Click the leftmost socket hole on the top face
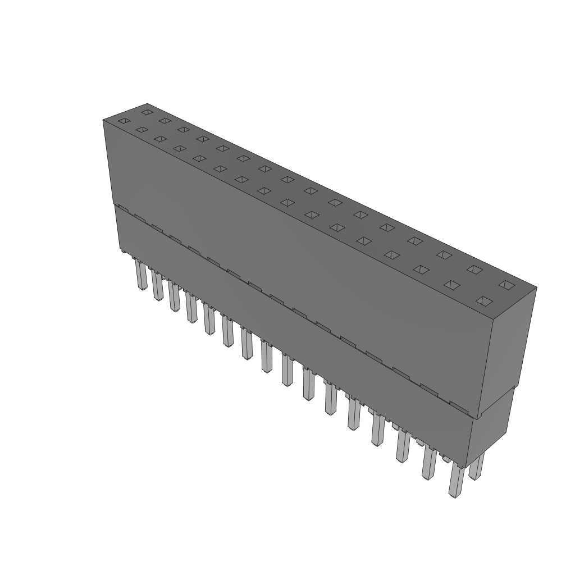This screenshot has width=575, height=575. pyautogui.click(x=124, y=121)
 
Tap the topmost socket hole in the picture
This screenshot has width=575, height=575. pyautogui.click(x=147, y=112)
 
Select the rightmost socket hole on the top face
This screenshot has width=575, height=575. pyautogui.click(x=506, y=285)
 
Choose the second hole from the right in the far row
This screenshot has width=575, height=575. pyautogui.click(x=474, y=269)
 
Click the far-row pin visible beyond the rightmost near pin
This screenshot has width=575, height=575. pyautogui.click(x=476, y=467)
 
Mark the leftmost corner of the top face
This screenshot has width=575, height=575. pyautogui.click(x=103, y=120)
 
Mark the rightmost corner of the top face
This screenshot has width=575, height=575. pyautogui.click(x=536, y=288)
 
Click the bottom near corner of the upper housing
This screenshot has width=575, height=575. pyautogui.click(x=477, y=419)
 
